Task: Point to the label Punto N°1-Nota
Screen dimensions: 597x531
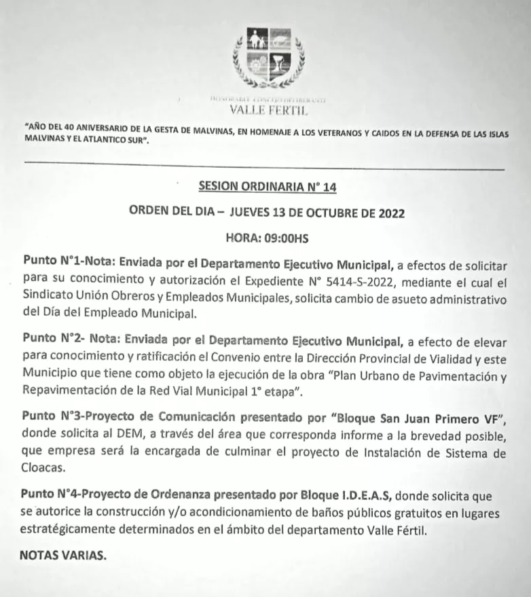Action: [x=62, y=261]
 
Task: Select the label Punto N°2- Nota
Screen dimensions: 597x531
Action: [x=63, y=338]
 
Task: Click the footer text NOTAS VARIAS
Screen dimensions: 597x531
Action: [x=63, y=556]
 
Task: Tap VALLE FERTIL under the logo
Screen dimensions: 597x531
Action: [x=269, y=110]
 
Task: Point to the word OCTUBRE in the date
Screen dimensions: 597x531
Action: [x=322, y=213]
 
